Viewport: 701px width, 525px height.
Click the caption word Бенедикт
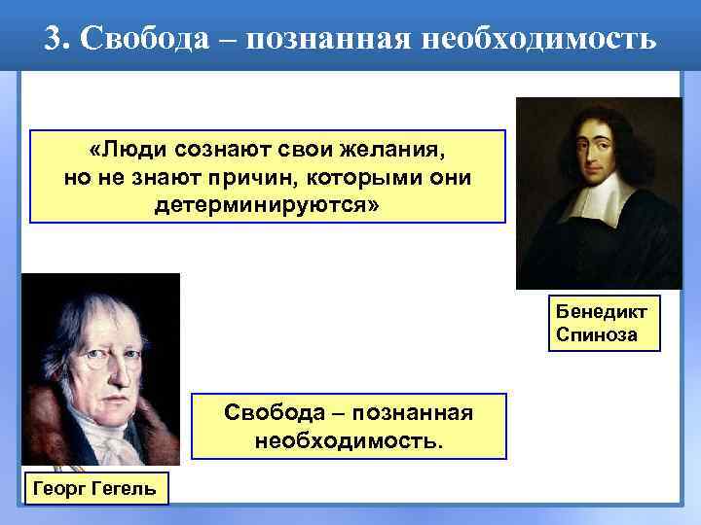(603, 312)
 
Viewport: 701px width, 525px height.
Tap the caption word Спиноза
(598, 334)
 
